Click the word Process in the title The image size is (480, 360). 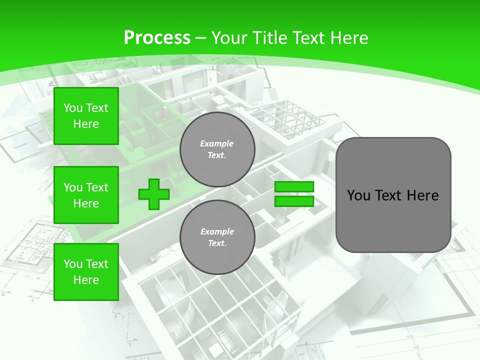click(x=157, y=38)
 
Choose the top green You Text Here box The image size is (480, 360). click(x=86, y=116)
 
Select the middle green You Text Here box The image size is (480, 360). click(x=86, y=195)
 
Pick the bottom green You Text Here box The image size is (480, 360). click(x=86, y=272)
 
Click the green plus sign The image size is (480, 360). click(x=154, y=194)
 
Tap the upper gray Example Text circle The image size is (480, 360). click(x=217, y=149)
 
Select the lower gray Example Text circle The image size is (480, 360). click(x=217, y=237)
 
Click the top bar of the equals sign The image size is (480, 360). click(x=294, y=187)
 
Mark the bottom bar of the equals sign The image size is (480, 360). click(x=294, y=201)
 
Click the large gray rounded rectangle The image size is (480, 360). click(x=393, y=195)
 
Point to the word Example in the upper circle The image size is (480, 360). click(x=217, y=143)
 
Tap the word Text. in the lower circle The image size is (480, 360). click(x=217, y=243)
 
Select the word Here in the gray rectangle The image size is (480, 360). click(x=422, y=195)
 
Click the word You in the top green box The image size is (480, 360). click(x=73, y=108)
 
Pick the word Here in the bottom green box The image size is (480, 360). click(x=86, y=280)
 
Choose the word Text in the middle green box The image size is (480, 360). click(x=97, y=187)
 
